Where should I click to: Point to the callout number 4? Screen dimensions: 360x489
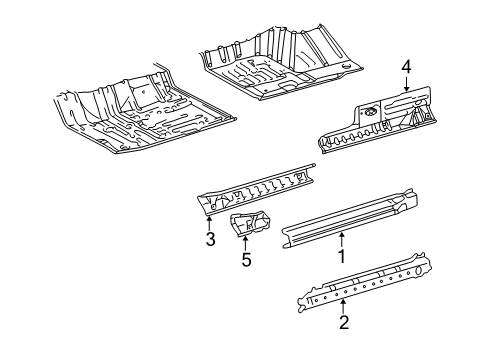pyautogui.click(x=407, y=68)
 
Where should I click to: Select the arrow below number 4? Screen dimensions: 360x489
pyautogui.click(x=407, y=85)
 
